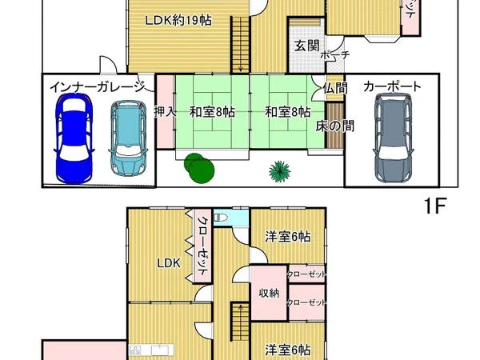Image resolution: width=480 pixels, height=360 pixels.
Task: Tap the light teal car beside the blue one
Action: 128,138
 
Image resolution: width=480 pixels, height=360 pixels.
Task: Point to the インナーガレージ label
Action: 96,86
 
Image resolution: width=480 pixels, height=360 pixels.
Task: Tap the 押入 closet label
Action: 165,112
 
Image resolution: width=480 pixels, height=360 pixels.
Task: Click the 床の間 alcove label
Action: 335,126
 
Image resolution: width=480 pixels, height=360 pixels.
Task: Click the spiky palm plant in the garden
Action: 280,170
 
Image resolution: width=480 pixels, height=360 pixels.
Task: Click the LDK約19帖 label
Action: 178,21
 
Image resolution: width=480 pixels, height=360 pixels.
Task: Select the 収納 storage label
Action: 269,293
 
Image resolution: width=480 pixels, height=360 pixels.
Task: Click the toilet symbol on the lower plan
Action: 225,218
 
